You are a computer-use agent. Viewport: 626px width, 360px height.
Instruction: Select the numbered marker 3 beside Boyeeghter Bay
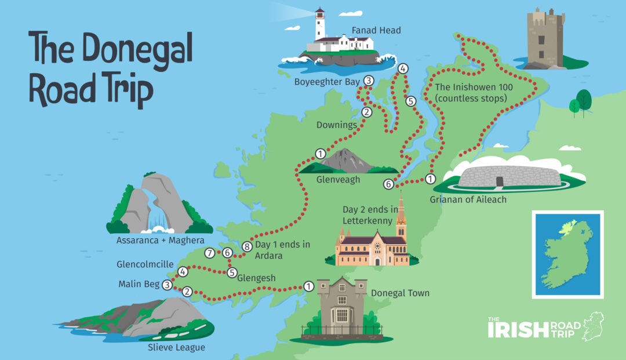pyautogui.click(x=368, y=81)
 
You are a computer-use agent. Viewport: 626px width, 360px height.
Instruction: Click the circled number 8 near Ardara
pyautogui.click(x=248, y=246)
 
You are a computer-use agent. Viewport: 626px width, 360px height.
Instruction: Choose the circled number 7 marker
pyautogui.click(x=210, y=253)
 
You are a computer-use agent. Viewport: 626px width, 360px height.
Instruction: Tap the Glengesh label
pyautogui.click(x=256, y=278)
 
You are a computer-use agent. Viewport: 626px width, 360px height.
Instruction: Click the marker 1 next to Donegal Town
pyautogui.click(x=308, y=286)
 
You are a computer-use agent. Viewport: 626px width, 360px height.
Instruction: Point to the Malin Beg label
pyautogui.click(x=139, y=285)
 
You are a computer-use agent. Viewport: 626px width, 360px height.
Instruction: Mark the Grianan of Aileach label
pyautogui.click(x=468, y=199)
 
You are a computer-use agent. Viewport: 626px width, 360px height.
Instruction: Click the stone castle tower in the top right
pyautogui.click(x=545, y=38)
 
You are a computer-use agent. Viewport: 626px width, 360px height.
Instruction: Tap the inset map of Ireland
pyautogui.click(x=567, y=254)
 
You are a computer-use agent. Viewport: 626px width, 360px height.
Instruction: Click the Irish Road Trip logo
pyautogui.click(x=543, y=328)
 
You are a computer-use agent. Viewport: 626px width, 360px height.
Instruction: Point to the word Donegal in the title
pyautogui.click(x=136, y=49)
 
